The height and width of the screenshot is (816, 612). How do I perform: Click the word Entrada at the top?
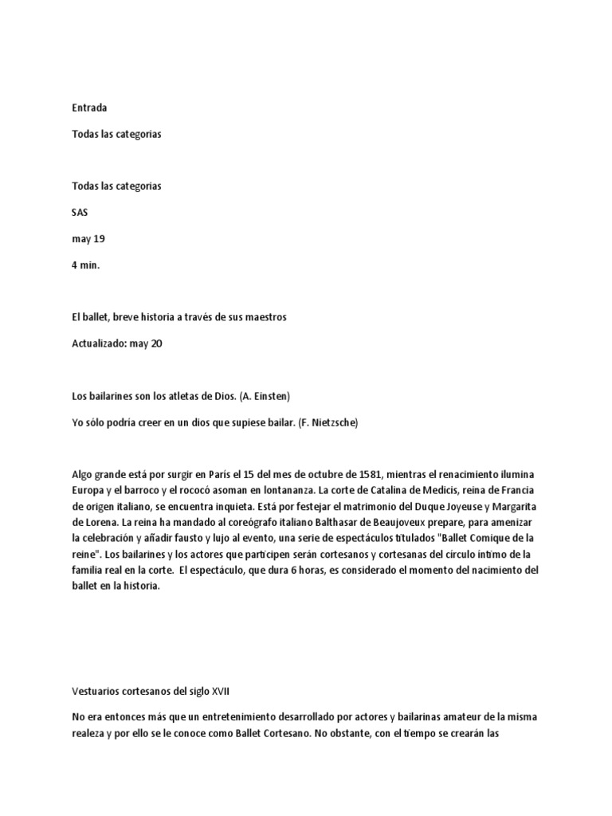[x=89, y=108]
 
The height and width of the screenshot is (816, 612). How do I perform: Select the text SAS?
[x=80, y=213]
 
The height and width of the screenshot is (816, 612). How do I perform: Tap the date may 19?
[x=88, y=239]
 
